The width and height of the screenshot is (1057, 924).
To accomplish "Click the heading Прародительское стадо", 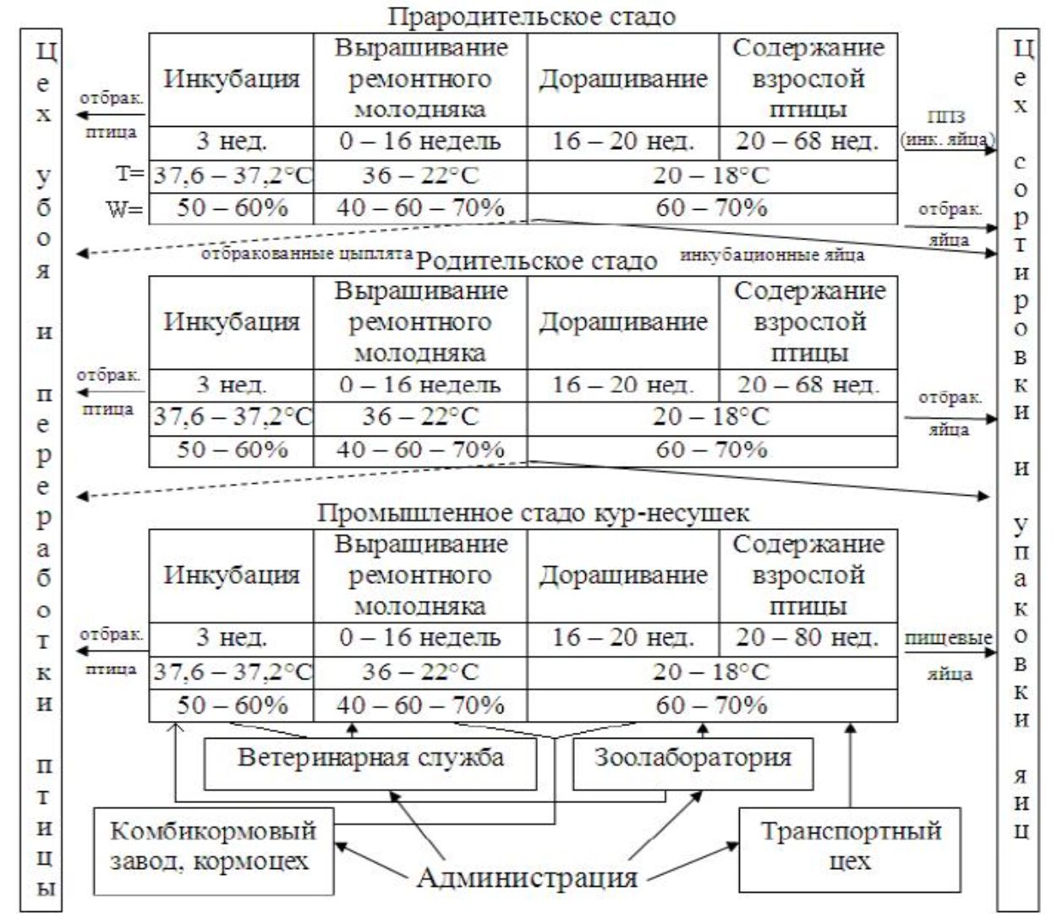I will pos(533,17).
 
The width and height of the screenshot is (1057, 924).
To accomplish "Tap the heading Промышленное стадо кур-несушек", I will pos(534,513).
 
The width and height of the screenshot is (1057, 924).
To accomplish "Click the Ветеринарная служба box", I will pos(370,757).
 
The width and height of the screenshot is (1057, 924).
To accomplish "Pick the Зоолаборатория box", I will pos(693,757).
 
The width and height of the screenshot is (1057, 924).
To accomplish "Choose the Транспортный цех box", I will pos(851,846).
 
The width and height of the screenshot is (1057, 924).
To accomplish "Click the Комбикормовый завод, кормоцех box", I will pos(213,846).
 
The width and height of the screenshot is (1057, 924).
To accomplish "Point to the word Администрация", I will pos(526,877).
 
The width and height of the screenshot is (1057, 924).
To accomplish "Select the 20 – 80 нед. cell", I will pos(808,637).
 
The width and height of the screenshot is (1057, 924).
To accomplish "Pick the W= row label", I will pos(124,208).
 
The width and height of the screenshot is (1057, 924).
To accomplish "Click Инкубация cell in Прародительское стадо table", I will pos(232,80).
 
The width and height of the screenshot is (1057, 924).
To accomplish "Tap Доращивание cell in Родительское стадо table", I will pos(623,322).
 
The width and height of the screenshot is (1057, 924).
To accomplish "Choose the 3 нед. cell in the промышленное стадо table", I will pos(232,637).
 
